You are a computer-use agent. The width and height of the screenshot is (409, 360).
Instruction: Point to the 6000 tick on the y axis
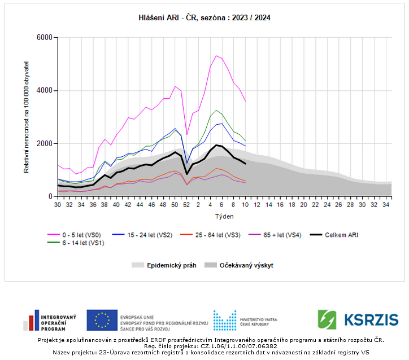click(44, 38)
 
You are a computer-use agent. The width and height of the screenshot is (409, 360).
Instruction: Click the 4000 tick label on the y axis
click(44, 91)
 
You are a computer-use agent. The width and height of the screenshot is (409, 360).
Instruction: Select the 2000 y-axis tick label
click(44, 144)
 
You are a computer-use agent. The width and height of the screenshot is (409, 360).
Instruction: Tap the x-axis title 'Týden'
click(224, 216)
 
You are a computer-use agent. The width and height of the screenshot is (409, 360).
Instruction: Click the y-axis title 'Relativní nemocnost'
click(27, 117)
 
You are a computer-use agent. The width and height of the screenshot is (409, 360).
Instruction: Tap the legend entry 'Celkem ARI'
click(342, 235)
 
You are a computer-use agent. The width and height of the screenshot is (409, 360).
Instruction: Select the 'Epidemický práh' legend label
click(172, 265)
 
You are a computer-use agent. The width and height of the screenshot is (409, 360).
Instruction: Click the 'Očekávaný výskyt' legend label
click(246, 265)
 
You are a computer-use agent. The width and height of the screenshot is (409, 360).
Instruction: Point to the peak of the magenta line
click(216, 55)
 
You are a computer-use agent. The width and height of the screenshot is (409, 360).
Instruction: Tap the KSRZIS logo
click(358, 319)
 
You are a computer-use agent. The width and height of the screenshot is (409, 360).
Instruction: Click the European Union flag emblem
click(102, 320)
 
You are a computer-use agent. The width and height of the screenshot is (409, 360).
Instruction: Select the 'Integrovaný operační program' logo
click(50, 320)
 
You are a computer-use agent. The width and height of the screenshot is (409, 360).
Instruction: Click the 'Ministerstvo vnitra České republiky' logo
click(245, 320)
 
